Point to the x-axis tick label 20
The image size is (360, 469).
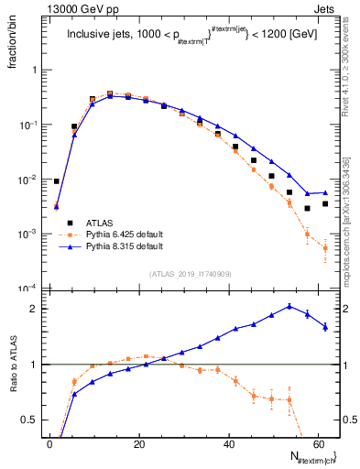(139, 444)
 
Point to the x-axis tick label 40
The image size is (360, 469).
(229, 444)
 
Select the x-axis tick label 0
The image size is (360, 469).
(50, 444)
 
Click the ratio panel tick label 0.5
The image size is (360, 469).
(30, 420)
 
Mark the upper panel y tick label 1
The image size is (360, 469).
(34, 70)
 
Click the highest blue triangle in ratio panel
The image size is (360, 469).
(289, 306)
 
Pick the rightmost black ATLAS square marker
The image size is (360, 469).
(325, 203)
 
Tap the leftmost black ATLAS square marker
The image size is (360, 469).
(57, 181)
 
